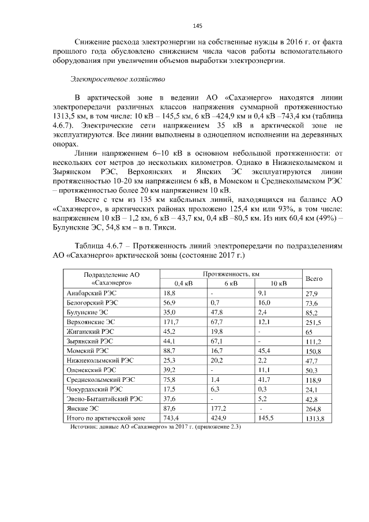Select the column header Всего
click(313, 279)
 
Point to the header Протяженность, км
click(228, 274)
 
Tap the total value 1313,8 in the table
click(315, 418)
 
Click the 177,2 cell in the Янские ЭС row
click(219, 408)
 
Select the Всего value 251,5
click(314, 322)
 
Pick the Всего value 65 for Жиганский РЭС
click(309, 332)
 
